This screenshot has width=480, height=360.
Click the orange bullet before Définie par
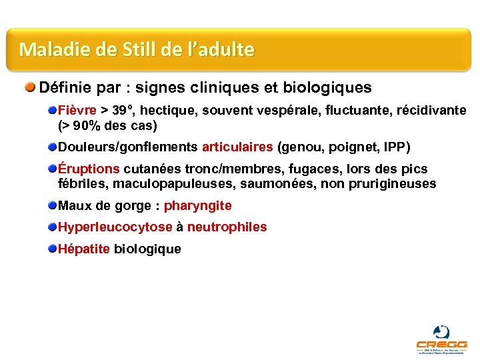tap(31, 87)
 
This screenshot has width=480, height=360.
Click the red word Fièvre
tap(77, 110)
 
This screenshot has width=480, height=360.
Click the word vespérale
tap(291, 110)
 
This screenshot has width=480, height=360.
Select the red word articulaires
tap(237, 147)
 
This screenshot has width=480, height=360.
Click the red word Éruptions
tap(89, 169)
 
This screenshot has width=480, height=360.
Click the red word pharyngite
tap(198, 205)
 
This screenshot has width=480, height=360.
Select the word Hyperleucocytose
tap(115, 227)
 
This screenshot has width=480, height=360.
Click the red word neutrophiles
tap(227, 227)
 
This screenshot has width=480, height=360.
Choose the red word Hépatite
tap(84, 249)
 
